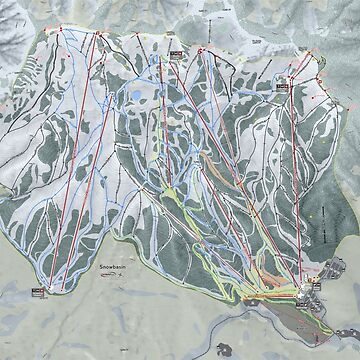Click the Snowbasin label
pos(118,268)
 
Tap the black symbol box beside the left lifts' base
pos(38,291)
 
